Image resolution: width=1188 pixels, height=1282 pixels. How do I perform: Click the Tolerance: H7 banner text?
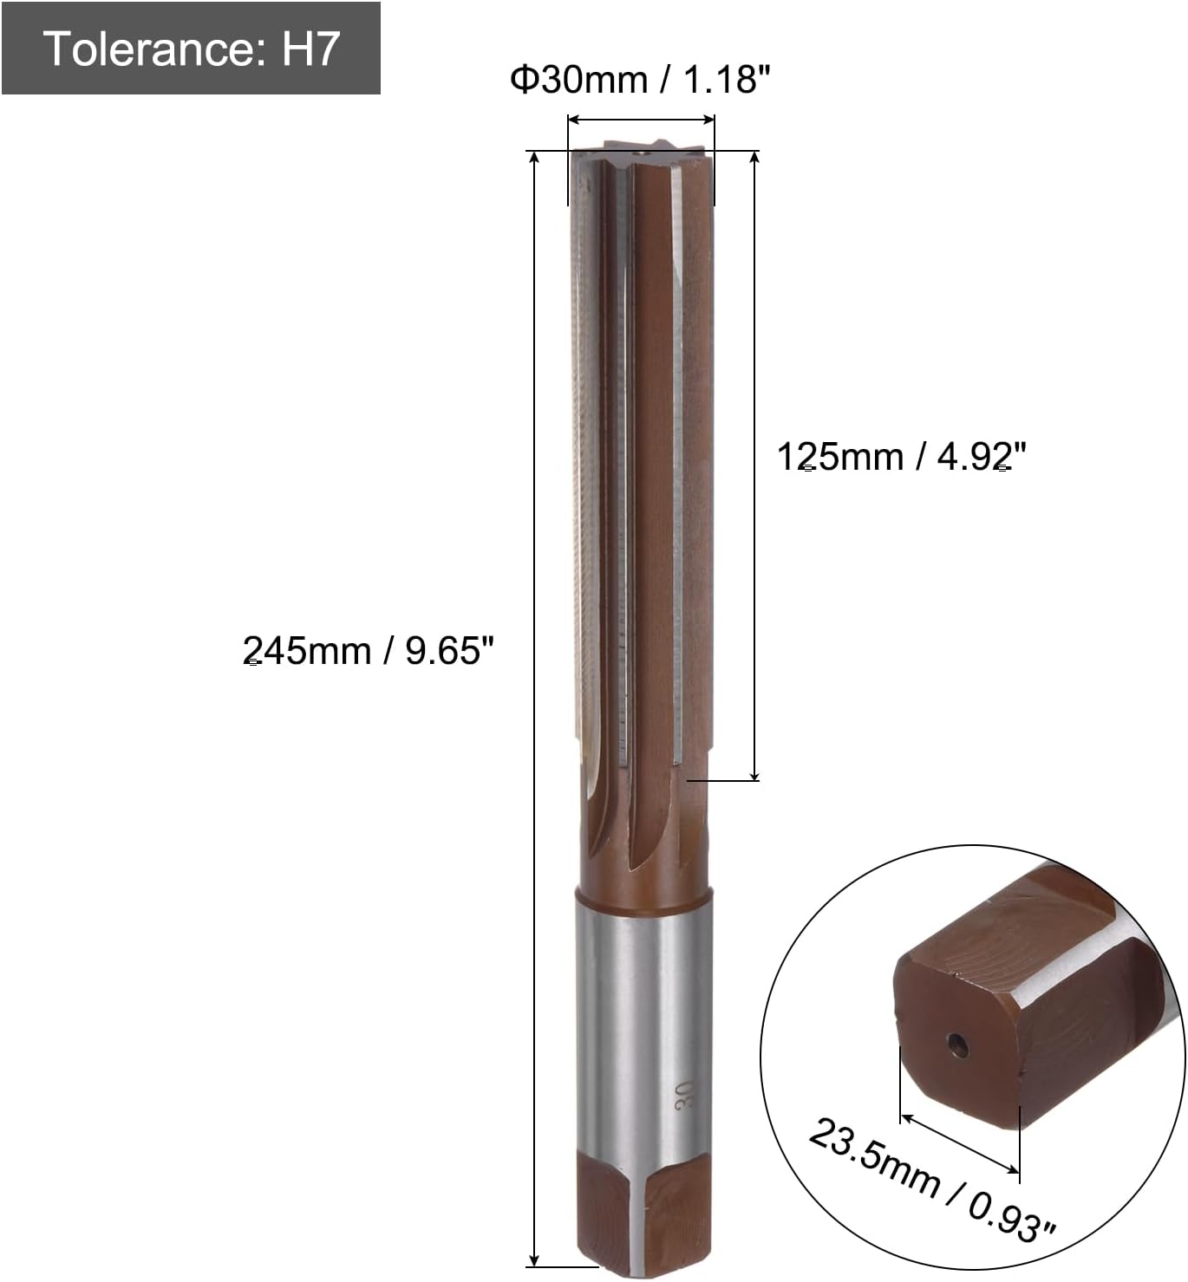190,49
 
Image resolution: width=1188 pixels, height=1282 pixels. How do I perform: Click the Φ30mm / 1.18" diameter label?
640,80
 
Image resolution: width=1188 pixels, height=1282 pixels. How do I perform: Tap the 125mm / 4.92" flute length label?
901,457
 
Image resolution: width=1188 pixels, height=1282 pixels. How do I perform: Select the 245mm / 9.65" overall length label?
368,650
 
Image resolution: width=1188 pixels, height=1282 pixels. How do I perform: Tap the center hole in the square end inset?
957,1044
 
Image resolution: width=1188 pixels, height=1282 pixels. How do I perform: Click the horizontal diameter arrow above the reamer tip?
641,120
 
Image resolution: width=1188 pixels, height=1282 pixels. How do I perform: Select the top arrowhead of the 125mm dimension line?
755,157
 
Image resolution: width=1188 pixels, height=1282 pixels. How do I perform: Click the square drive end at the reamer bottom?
643,1214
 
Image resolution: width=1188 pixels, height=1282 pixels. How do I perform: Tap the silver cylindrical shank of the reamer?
643,1023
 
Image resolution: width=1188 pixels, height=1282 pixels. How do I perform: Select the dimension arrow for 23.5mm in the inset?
960,1144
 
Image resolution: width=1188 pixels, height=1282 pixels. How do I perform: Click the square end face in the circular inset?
954,1040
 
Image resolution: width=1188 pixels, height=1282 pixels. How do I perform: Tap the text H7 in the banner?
310,49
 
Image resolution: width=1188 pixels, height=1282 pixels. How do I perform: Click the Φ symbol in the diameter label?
525,80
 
